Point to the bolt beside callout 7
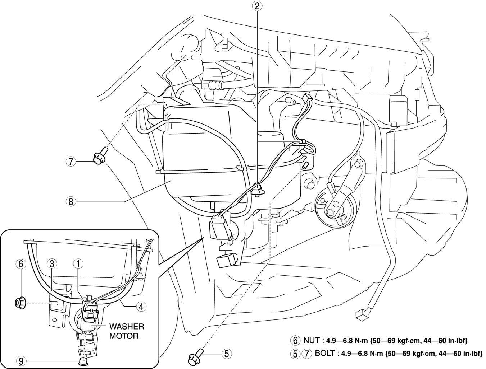[98, 158]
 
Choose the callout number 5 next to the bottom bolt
[226, 354]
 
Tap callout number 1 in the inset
[78, 264]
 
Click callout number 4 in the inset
[141, 306]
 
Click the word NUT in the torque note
[311, 340]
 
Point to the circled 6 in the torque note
[295, 340]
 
